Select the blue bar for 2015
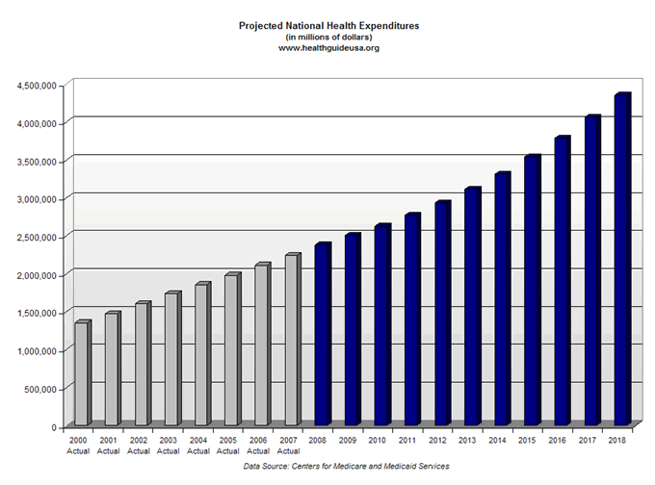tap(531, 290)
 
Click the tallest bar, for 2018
tap(621, 260)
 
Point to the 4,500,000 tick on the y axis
tap(38, 86)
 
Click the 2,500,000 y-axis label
tap(38, 237)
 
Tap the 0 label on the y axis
tap(56, 426)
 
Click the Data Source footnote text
tap(346, 466)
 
